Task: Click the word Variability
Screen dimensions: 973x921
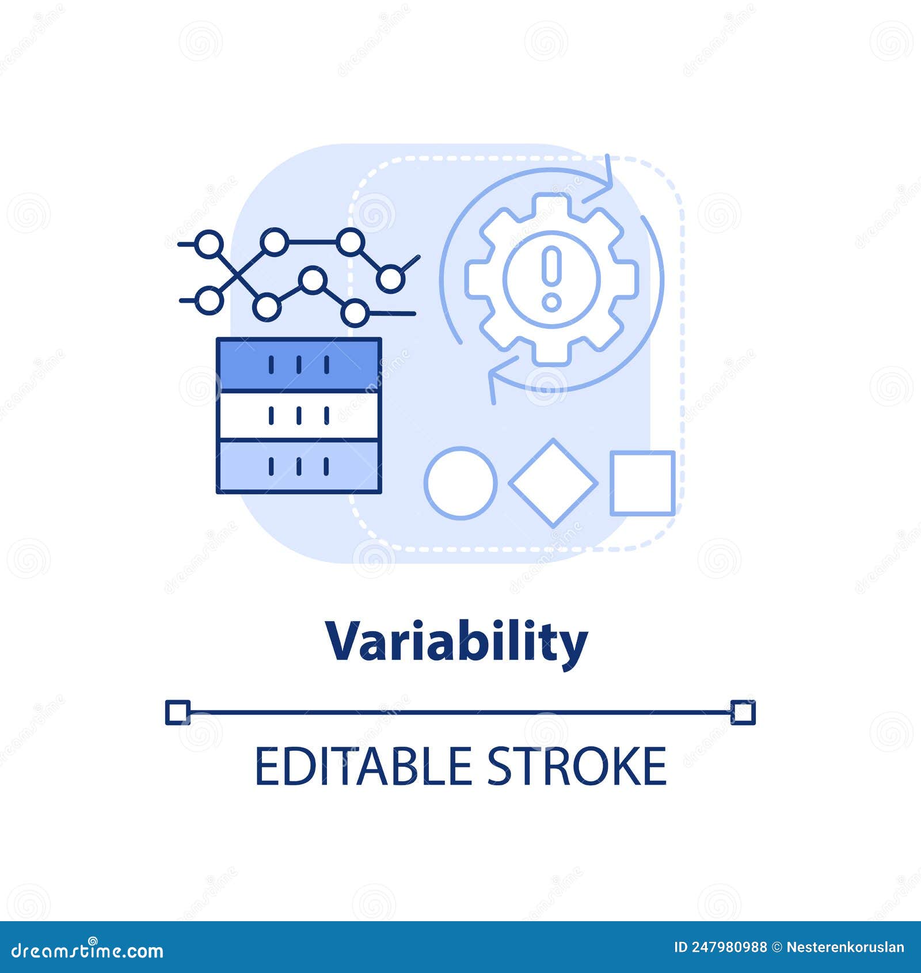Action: click(x=456, y=643)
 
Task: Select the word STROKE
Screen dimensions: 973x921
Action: click(x=577, y=766)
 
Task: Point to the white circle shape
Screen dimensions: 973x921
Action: click(x=461, y=482)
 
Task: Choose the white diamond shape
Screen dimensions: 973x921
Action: click(x=553, y=482)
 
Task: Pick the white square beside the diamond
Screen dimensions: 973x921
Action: click(x=642, y=482)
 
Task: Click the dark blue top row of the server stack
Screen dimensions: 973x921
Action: click(x=299, y=365)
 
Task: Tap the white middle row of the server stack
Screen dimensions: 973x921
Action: click(x=299, y=415)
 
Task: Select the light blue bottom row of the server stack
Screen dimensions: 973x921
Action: click(x=299, y=466)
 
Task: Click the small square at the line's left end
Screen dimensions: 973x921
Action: click(x=177, y=713)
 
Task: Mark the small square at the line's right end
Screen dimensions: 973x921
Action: click(x=743, y=713)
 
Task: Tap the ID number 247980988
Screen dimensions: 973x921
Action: click(x=730, y=947)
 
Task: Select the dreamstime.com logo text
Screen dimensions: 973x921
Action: click(x=87, y=951)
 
